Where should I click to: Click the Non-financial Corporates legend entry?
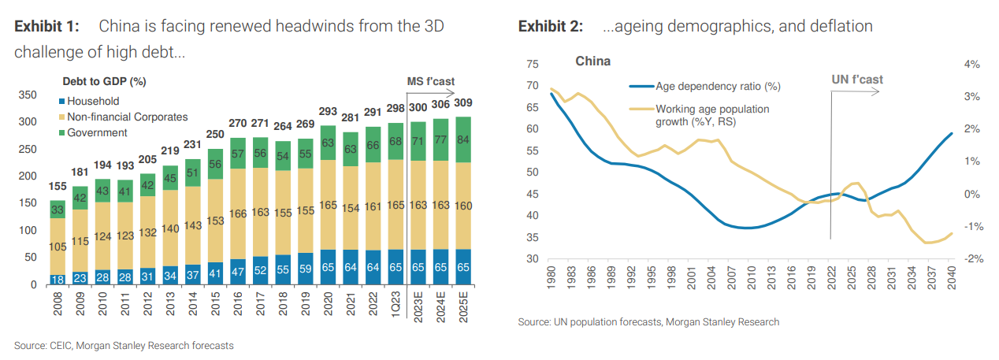coord(127,117)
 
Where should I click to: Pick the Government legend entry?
coord(97,132)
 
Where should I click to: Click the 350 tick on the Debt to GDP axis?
coord(28,95)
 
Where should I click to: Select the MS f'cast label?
coord(430,81)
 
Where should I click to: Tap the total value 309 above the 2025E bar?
coord(464,103)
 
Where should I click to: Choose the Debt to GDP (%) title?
coord(104,80)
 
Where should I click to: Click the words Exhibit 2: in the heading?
coord(550,27)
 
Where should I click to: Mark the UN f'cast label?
coord(857,80)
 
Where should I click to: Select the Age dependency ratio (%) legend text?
coord(718,87)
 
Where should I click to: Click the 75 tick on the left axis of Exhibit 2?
coord(532,65)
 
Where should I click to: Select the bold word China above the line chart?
coord(592,61)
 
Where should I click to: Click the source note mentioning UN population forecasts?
coord(648,321)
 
